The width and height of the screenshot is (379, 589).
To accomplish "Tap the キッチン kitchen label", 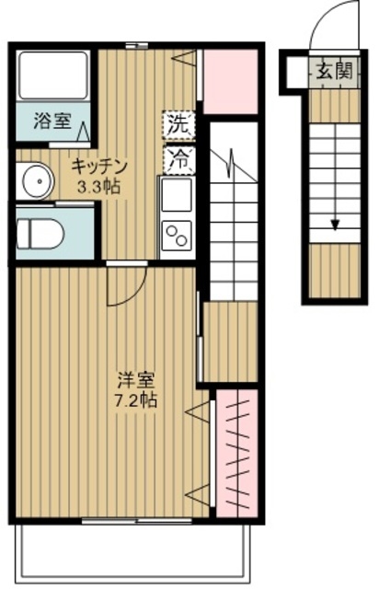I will click(x=99, y=166).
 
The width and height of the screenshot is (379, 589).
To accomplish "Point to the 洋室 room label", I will click(x=132, y=378).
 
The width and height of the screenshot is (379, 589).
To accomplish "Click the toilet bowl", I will click(x=42, y=234).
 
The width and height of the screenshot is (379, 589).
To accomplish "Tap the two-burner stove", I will click(x=176, y=237).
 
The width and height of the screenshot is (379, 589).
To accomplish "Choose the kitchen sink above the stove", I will click(x=176, y=195).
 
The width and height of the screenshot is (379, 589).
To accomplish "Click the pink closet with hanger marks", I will click(x=236, y=451).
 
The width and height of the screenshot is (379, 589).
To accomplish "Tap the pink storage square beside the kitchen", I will click(x=229, y=81).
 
